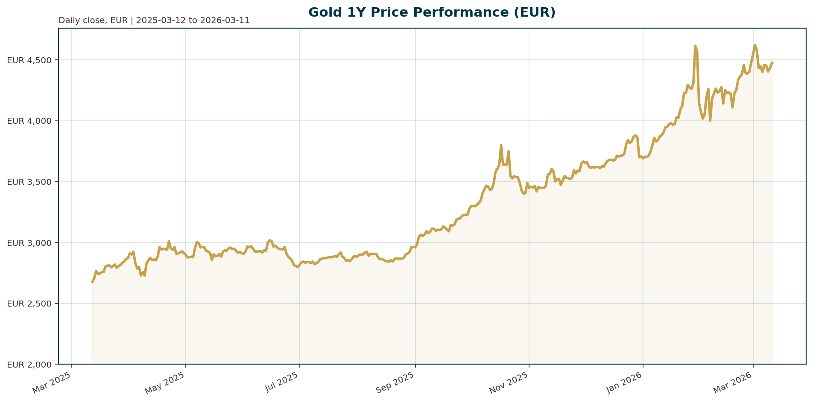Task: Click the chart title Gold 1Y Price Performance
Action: point(432,12)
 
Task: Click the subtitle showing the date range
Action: point(154,20)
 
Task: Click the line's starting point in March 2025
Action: point(92,282)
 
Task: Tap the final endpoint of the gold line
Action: point(772,63)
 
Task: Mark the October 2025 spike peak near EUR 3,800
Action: point(501,145)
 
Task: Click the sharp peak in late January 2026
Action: point(695,46)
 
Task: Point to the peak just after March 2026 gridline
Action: point(755,45)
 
